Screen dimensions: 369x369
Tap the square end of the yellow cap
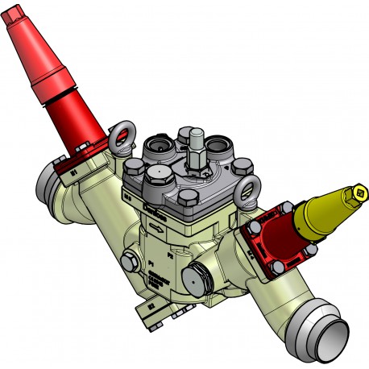(x=360, y=192)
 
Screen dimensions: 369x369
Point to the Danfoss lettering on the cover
(x=153, y=211)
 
